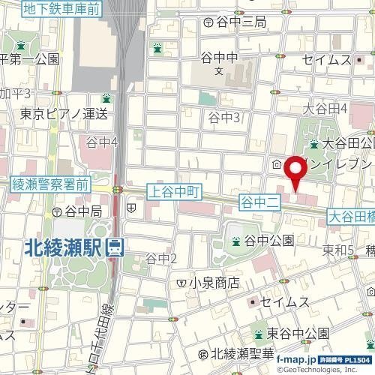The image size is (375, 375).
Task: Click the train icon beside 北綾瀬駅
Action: click(115, 246)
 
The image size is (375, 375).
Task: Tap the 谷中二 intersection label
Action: click(259, 202)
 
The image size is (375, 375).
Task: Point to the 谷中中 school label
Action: click(220, 57)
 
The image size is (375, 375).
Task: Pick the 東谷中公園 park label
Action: click(297, 333)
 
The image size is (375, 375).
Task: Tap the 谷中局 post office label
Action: click(78, 212)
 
